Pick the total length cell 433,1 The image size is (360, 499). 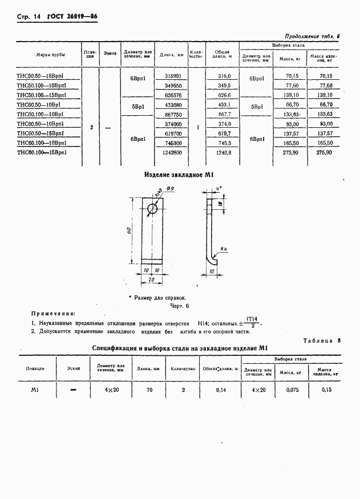224,105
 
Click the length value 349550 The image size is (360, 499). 173,86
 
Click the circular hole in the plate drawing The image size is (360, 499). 152,209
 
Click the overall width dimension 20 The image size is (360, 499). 151,280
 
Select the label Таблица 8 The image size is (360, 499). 321,340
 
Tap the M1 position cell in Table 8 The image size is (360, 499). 34,390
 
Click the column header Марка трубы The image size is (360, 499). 51,54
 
